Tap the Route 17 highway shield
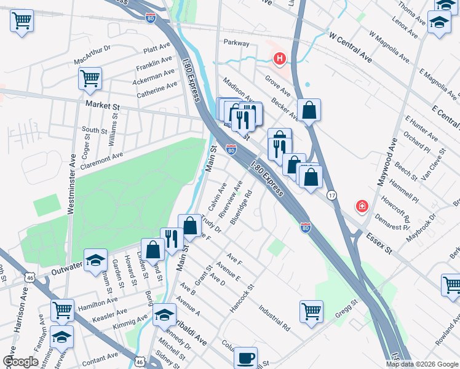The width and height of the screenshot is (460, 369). (x=331, y=195)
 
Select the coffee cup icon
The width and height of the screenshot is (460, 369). (x=246, y=357)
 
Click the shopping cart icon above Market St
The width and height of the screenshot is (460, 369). (x=90, y=78)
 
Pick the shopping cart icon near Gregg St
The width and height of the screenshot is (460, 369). (x=312, y=311)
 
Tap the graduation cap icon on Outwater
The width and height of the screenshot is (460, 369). (x=95, y=260)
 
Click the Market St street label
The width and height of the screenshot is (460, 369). (x=102, y=106)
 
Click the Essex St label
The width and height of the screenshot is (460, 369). (x=379, y=243)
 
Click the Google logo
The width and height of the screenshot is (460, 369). (x=20, y=362)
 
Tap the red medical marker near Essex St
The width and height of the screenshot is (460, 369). (x=362, y=205)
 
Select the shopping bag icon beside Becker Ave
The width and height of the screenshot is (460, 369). (x=310, y=111)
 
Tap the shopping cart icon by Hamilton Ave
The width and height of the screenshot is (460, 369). (x=62, y=311)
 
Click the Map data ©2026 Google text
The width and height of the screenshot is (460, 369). (x=422, y=364)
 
